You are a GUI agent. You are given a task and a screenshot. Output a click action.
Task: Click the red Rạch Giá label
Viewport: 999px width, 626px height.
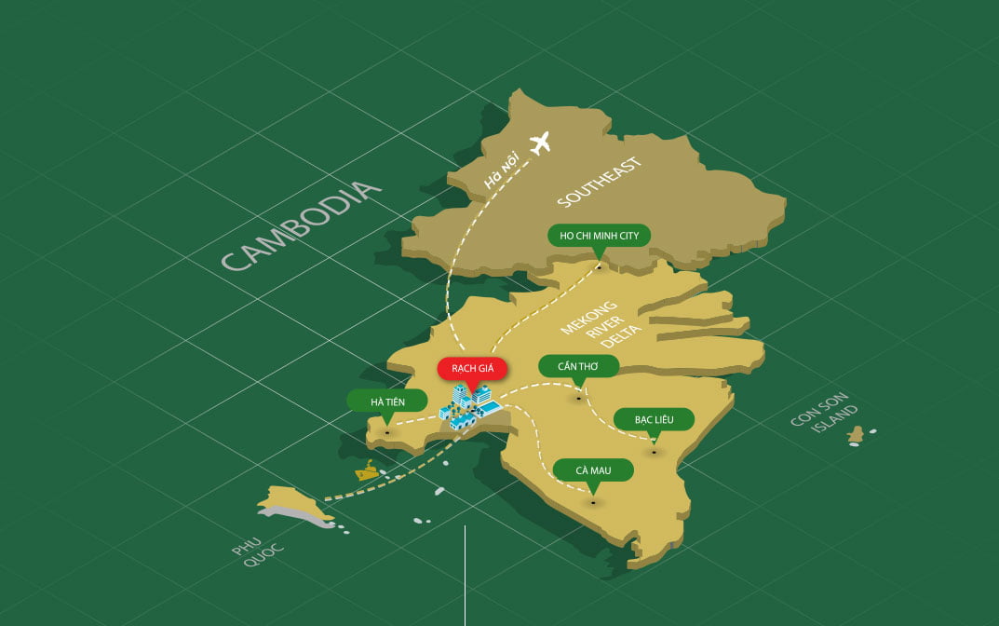click(x=473, y=368)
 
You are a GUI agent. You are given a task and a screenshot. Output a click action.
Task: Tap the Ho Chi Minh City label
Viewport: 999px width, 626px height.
click(x=599, y=236)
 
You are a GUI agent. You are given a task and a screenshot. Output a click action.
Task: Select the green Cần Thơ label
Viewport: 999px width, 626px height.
click(x=578, y=365)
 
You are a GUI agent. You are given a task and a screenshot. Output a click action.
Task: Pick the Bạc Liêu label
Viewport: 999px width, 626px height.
click(x=654, y=419)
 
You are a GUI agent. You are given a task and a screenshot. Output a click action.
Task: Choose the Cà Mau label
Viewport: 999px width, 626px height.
click(x=593, y=470)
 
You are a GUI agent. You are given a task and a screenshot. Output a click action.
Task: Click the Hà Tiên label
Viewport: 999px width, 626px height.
click(x=387, y=401)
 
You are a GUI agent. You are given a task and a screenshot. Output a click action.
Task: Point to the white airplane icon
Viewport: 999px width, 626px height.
click(x=539, y=143)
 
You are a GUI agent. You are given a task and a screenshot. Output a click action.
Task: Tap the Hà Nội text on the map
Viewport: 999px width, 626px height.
click(x=504, y=174)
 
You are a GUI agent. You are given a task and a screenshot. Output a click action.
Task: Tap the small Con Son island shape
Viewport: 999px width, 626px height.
click(x=857, y=435)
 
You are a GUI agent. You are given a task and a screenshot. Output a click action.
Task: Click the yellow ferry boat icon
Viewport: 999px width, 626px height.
click(x=368, y=470)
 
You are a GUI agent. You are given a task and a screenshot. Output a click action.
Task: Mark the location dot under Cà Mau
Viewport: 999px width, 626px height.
click(x=593, y=503)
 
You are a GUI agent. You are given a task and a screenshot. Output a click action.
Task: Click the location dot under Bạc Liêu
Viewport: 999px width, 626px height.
click(x=655, y=452)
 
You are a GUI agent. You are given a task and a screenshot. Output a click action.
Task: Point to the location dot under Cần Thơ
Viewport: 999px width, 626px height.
click(x=579, y=398)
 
